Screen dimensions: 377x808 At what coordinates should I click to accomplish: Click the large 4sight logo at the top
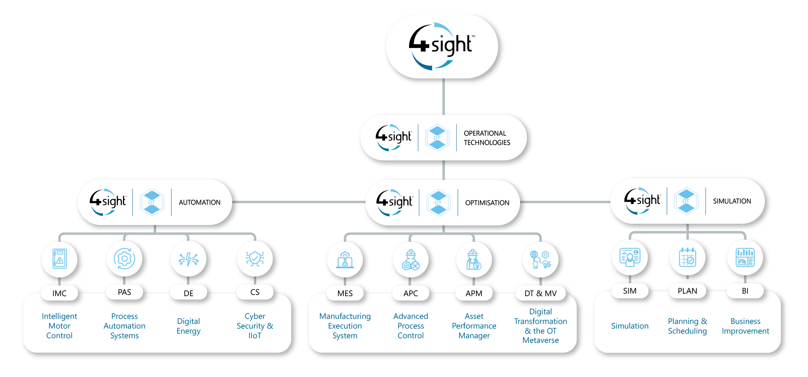pyautogui.click(x=442, y=46)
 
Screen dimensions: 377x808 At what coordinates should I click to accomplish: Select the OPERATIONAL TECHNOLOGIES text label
pyautogui.click(x=487, y=138)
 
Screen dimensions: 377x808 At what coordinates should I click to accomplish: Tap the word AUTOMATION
pyautogui.click(x=199, y=202)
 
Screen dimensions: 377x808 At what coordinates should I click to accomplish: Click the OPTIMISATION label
pyautogui.click(x=487, y=203)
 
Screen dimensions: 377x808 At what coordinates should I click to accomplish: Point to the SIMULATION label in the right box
pyautogui.click(x=732, y=201)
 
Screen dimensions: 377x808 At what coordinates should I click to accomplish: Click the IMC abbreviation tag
pyautogui.click(x=59, y=293)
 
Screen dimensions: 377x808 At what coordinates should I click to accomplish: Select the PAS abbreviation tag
pyautogui.click(x=125, y=292)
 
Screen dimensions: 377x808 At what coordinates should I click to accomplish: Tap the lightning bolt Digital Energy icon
pyautogui.click(x=189, y=259)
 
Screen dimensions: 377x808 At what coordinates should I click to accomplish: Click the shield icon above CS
pyautogui.click(x=255, y=258)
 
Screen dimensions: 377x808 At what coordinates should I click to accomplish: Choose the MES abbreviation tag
pyautogui.click(x=345, y=293)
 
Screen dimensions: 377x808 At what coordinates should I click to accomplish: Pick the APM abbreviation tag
pyautogui.click(x=474, y=293)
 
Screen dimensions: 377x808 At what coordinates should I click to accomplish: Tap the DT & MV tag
pyautogui.click(x=540, y=293)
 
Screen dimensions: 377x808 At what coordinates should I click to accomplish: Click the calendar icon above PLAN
pyautogui.click(x=687, y=257)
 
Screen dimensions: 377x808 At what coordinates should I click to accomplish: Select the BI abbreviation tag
pyautogui.click(x=745, y=291)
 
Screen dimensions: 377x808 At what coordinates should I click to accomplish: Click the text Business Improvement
pyautogui.click(x=745, y=326)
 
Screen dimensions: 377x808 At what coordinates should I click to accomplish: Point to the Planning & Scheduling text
pyautogui.click(x=687, y=326)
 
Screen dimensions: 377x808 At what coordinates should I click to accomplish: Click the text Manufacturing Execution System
pyautogui.click(x=345, y=326)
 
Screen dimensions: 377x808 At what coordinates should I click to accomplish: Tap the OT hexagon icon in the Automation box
pyautogui.click(x=152, y=202)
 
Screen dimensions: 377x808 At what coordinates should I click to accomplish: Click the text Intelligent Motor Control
pyautogui.click(x=59, y=326)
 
